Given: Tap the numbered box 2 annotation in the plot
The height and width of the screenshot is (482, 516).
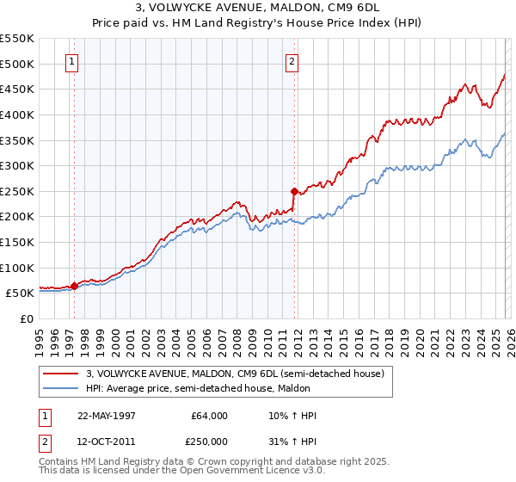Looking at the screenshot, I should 292,61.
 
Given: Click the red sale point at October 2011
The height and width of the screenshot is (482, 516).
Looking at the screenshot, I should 294,191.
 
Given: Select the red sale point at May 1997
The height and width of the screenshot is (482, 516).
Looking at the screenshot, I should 74,286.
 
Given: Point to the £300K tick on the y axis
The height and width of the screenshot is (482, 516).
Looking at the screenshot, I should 17,165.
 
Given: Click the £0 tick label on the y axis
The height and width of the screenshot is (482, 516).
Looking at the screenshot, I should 28,318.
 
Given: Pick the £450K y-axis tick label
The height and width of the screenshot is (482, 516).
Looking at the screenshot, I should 17,89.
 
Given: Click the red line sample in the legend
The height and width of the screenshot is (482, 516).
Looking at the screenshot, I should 62,374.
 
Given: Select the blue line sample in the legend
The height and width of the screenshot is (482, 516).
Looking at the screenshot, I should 62,388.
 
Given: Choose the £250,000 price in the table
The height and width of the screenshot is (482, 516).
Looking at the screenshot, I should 210,441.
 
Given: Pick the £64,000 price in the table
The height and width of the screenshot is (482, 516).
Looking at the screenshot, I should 210,416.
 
